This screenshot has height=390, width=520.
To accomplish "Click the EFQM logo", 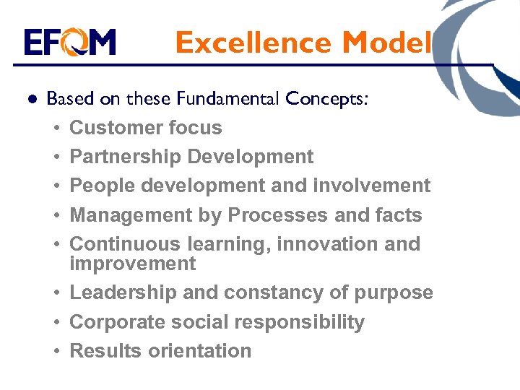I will pyautogui.click(x=69, y=43).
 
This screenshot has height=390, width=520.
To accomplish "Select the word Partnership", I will pyautogui.click(x=125, y=157).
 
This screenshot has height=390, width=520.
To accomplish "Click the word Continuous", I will pyautogui.click(x=125, y=244).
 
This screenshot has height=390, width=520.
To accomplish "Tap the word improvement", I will pyautogui.click(x=132, y=264).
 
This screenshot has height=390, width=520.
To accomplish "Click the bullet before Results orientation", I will pyautogui.click(x=55, y=352).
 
